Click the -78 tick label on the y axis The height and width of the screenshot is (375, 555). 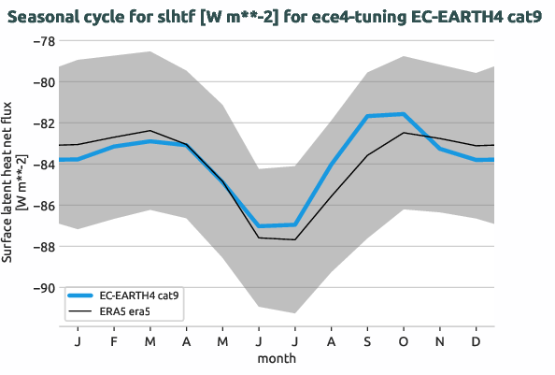tap(41, 41)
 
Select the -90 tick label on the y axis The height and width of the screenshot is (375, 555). tap(41, 288)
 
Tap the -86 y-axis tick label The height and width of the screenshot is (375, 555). tap(41, 206)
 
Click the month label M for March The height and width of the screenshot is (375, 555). tap(149, 342)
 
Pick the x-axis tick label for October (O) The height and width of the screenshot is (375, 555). tap(404, 342)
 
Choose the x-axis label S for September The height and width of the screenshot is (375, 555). tap(367, 342)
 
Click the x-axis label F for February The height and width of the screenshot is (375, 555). tap(113, 342)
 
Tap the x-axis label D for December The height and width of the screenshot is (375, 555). tap(477, 342)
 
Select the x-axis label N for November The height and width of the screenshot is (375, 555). tap(440, 342)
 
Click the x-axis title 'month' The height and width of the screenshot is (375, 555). tap(277, 358)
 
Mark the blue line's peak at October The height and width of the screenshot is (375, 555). tap(404, 114)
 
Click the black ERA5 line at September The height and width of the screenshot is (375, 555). tap(367, 155)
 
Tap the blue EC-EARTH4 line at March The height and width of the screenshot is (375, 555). tap(149, 141)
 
